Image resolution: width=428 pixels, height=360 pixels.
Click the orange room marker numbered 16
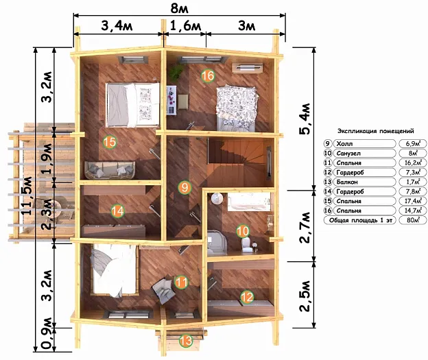(208, 75)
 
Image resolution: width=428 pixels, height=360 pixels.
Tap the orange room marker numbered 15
(110, 142)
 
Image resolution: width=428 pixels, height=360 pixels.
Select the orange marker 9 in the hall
(185, 187)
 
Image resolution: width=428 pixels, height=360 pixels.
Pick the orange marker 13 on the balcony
(186, 341)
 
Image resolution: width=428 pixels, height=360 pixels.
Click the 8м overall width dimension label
(179, 8)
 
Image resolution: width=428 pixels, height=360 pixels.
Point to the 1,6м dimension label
(186, 26)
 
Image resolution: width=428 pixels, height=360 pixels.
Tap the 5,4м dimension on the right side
(305, 119)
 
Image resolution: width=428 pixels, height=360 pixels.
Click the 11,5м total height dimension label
(27, 195)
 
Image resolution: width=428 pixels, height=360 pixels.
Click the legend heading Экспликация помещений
(376, 131)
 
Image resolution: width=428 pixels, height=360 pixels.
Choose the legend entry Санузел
(348, 154)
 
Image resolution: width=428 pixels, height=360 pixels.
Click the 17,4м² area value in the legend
(413, 201)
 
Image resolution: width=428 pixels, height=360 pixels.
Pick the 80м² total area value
(413, 220)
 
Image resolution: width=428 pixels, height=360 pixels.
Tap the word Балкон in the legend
(347, 182)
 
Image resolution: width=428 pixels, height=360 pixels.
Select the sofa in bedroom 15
(110, 170)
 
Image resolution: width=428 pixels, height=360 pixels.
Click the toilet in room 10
(247, 243)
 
